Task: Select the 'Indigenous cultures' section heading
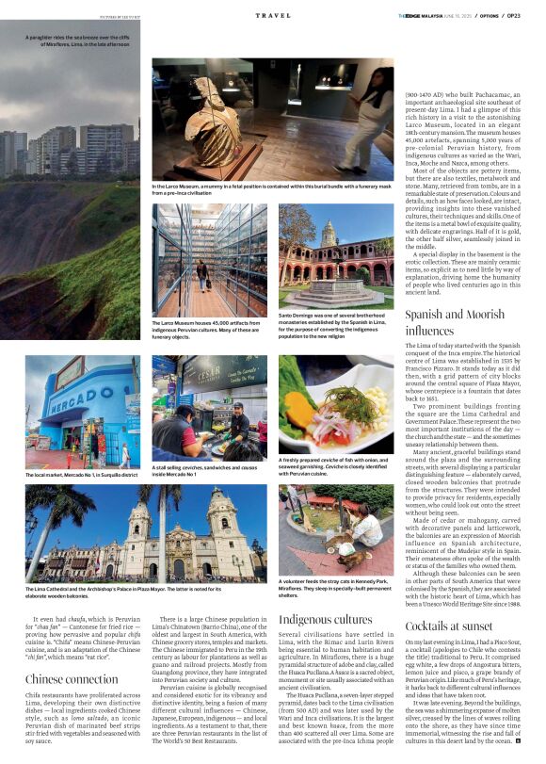tap(326, 619)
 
